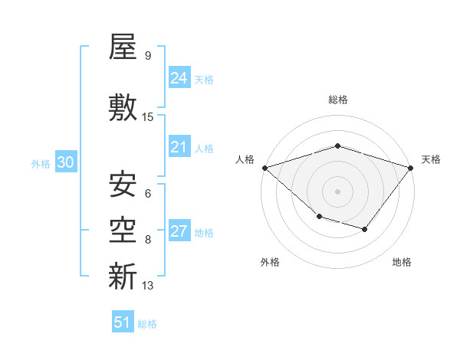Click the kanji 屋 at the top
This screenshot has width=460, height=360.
coord(123,47)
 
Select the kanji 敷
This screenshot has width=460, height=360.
coord(123,107)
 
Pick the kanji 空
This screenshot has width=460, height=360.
coord(123,229)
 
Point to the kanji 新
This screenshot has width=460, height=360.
coord(123,275)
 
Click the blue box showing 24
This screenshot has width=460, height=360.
coord(179,78)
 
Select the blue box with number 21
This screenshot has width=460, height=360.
coord(179,147)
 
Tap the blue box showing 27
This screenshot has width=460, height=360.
coord(179,231)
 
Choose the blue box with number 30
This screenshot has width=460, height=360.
coord(66,162)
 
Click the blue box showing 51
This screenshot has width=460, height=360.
coord(123,322)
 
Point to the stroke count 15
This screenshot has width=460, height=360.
coord(148,117)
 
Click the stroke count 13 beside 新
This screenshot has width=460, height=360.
coord(148,286)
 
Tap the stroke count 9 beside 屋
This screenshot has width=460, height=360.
coord(147,56)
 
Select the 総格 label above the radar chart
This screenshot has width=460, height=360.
coord(337,100)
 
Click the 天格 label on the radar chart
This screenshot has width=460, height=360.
coord(432,159)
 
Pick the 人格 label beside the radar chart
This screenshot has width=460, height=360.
coord(245,159)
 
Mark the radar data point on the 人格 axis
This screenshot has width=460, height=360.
coord(264,168)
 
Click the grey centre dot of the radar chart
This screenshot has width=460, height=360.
coord(337,191)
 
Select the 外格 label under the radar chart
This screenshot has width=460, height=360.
coord(270,262)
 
